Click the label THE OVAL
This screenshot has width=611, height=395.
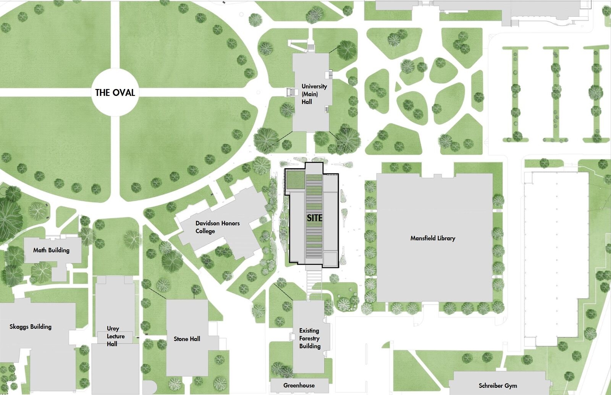coord(115,92)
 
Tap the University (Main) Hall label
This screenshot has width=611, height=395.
coord(314,94)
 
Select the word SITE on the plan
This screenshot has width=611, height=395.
coord(315,218)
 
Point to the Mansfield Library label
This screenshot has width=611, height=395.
coord(433,238)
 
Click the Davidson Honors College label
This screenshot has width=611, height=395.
coord(217,227)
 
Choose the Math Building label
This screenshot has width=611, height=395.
coord(51,250)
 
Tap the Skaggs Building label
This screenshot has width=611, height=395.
coord(31,327)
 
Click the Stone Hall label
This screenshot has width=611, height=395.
coord(187,339)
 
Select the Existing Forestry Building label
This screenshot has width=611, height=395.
coord(309,338)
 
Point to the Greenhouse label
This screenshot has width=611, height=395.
coord(299,385)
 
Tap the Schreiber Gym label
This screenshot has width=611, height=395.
coord(498,385)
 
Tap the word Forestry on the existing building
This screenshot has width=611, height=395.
coord(309,338)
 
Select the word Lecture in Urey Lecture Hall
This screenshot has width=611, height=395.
coord(116,336)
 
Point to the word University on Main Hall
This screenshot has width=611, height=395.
coord(314,86)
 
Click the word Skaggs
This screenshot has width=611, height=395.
coord(19,327)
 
